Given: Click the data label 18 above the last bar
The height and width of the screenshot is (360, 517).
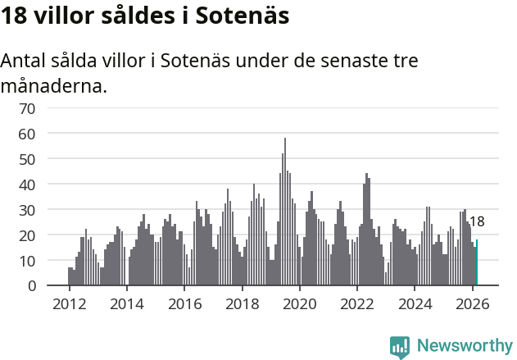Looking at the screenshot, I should [x=476, y=221].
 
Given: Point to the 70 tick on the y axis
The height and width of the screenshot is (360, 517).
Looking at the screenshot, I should [x=50, y=107].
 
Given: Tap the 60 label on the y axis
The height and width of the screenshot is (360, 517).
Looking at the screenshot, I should [x=50, y=133].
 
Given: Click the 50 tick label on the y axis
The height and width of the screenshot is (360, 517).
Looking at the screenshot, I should [x=50, y=158].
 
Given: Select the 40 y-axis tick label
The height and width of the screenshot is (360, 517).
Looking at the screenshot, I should [x=50, y=185].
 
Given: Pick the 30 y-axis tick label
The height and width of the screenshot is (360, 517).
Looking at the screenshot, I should [x=50, y=210].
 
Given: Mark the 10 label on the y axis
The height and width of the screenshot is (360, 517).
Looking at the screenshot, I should [x=50, y=261].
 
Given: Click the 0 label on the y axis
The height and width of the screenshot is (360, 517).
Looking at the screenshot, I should [x=54, y=286].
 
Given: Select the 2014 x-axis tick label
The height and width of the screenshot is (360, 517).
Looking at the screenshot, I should [x=126, y=303].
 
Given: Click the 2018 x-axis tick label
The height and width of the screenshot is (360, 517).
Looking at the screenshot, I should [x=242, y=303].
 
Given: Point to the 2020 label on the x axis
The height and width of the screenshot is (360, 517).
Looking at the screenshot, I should [x=299, y=303].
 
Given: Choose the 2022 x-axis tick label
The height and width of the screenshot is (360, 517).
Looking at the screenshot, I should [x=356, y=303].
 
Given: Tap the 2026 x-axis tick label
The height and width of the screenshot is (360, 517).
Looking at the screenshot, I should [x=472, y=303].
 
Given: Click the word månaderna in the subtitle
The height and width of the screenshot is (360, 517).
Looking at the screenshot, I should [x=53, y=85].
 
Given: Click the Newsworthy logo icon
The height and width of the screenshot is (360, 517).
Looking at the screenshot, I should [x=400, y=346].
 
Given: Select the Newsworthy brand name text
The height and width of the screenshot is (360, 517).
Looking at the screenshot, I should [x=464, y=346].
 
